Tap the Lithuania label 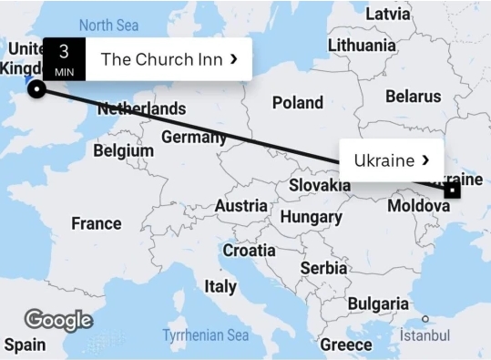click(x=362, y=45)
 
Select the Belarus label click(x=413, y=96)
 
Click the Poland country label click(x=298, y=103)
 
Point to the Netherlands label click(x=141, y=108)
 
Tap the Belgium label click(x=123, y=149)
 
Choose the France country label click(x=96, y=223)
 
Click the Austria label click(x=241, y=206)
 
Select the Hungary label click(x=311, y=217)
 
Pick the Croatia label click(x=249, y=250)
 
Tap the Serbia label click(x=323, y=268)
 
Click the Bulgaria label click(x=378, y=303)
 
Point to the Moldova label click(x=418, y=206)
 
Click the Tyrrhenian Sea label click(x=205, y=335)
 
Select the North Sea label click(x=108, y=25)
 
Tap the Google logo click(x=58, y=320)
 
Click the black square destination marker click(x=452, y=190)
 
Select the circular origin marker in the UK click(x=36, y=88)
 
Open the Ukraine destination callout click(x=391, y=160)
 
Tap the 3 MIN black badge click(x=64, y=58)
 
